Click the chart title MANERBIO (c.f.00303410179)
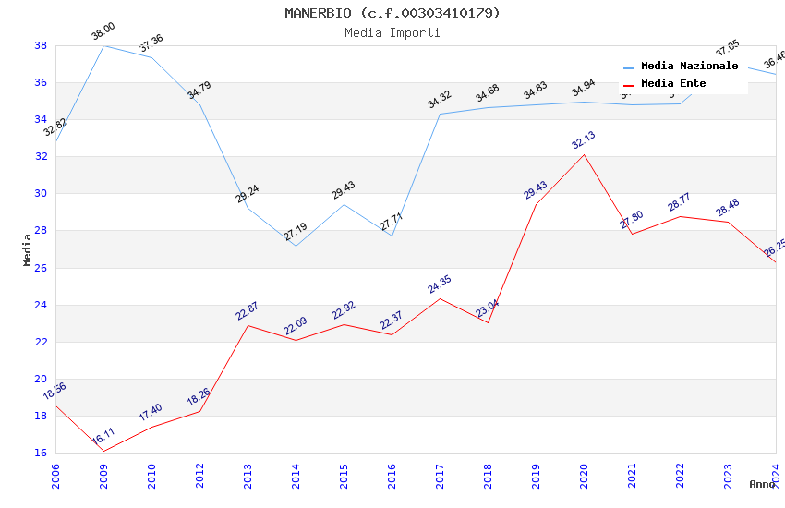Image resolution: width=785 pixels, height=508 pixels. [x=392, y=13]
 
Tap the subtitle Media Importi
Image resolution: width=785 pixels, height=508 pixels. [x=392, y=32]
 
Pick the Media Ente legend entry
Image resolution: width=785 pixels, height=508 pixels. [x=673, y=84]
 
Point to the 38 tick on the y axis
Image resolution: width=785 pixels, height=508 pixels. [x=41, y=45]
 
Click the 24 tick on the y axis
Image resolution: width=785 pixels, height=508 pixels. [x=41, y=305]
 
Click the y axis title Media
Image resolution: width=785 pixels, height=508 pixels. [x=28, y=249]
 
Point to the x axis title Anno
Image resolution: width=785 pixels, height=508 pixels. [x=762, y=484]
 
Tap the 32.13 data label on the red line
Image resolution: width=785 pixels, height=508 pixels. [x=584, y=140]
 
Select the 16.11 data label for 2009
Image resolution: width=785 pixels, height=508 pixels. [x=103, y=436]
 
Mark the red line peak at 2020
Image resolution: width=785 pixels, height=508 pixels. [x=584, y=154]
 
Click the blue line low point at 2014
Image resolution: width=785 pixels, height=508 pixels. [x=296, y=246]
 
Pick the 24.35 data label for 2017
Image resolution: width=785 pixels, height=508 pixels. [x=440, y=284]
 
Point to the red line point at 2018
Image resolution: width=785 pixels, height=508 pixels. [x=488, y=322]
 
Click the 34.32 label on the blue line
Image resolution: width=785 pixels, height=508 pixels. [x=440, y=99]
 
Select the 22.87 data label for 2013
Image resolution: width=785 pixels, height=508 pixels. [x=248, y=311]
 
